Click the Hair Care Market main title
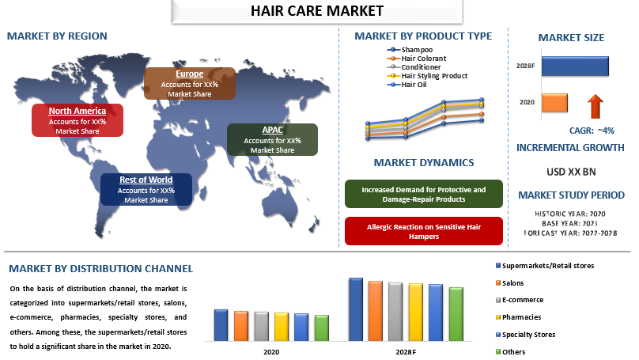(x=317, y=11)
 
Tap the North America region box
(x=78, y=120)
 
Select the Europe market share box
(x=190, y=84)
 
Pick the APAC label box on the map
(x=272, y=139)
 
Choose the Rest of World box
(x=146, y=190)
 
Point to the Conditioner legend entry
(x=414, y=67)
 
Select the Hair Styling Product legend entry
(x=427, y=76)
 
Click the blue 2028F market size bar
(x=575, y=66)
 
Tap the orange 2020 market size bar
(x=554, y=103)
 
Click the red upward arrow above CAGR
(x=596, y=106)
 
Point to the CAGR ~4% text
(x=592, y=131)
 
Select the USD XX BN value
(x=571, y=172)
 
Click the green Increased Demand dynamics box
(x=424, y=194)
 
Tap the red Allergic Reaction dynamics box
(x=424, y=231)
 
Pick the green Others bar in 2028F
(x=456, y=314)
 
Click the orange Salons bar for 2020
(x=241, y=326)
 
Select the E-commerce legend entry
(x=520, y=300)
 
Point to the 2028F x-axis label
(x=406, y=352)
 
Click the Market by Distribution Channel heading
(x=100, y=269)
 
